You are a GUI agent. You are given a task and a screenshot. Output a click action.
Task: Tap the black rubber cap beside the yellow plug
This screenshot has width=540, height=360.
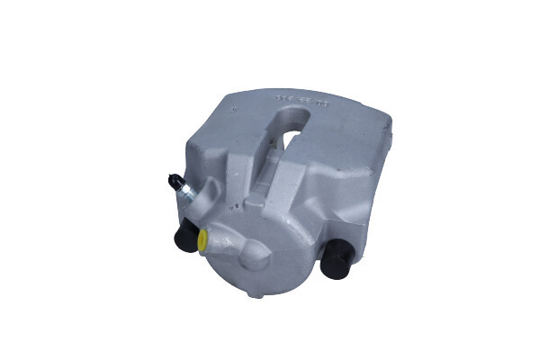186,238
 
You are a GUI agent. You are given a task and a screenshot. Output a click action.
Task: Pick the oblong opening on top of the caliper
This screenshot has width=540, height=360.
286,126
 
